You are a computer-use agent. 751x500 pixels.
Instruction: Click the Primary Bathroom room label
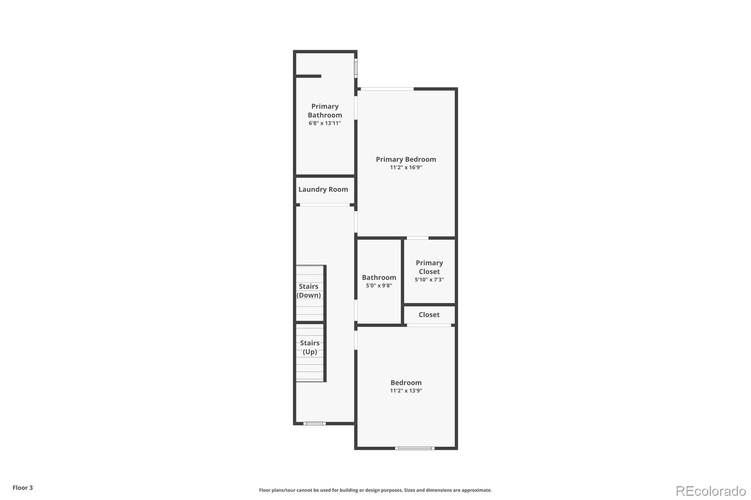pos(325,111)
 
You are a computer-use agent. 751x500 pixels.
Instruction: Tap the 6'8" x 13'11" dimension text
pos(325,123)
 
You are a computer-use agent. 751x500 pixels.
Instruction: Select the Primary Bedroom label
pos(406,159)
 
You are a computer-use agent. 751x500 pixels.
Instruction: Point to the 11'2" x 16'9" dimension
pos(406,167)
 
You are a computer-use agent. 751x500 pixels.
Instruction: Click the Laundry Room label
pos(323,189)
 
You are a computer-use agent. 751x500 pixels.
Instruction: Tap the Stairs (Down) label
pos(309,291)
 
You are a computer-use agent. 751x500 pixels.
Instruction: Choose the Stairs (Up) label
pos(310,348)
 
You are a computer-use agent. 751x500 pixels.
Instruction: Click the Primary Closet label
pos(429,267)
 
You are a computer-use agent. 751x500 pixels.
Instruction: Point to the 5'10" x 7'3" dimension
pos(429,280)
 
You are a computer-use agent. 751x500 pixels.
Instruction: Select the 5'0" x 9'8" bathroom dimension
pos(379,286)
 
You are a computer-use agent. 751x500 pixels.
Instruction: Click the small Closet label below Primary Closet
pos(429,315)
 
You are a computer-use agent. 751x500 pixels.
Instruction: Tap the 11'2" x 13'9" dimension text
pos(406,391)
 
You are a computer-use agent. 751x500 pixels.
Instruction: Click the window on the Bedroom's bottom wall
pos(415,448)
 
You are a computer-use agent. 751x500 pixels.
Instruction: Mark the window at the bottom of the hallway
pos(314,424)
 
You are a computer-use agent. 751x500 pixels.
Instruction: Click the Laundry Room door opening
pos(325,205)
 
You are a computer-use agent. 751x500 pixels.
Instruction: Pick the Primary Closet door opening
pos(417,238)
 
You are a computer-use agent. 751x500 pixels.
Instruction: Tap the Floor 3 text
pos(23,488)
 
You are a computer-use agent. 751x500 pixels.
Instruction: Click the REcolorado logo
pos(711,491)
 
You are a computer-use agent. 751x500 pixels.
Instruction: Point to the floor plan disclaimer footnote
pos(375,490)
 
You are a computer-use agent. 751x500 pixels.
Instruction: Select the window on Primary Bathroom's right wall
pos(356,68)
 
